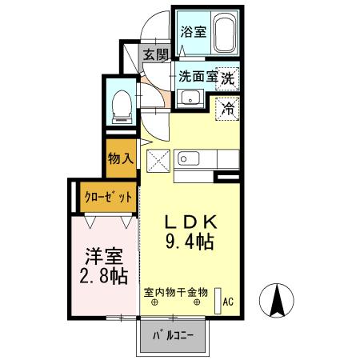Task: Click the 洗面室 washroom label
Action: point(197,78)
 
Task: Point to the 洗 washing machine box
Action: point(228,78)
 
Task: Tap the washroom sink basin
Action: point(190,99)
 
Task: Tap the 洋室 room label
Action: point(104,257)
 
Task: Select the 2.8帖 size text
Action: point(104,277)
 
